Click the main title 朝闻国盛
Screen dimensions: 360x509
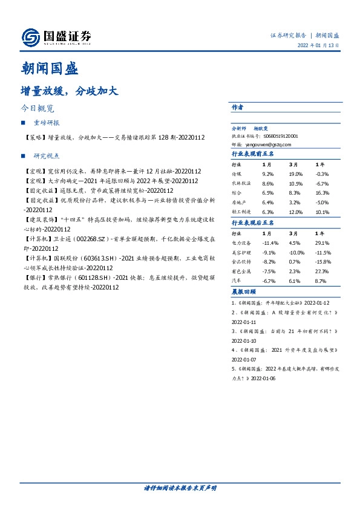(49, 68)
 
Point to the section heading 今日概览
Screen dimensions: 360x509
(38, 109)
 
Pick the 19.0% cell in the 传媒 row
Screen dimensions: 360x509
(296, 174)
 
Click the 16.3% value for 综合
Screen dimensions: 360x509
(323, 193)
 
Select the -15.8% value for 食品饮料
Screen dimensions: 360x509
(324, 262)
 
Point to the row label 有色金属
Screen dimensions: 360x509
(241, 271)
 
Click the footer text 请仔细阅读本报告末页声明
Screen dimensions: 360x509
(180, 487)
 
